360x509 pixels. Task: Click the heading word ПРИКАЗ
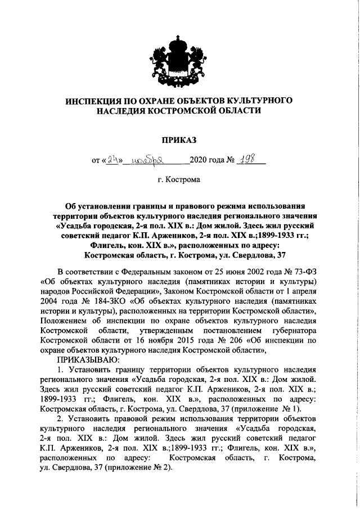point(179,138)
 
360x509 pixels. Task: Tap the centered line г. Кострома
point(179,181)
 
